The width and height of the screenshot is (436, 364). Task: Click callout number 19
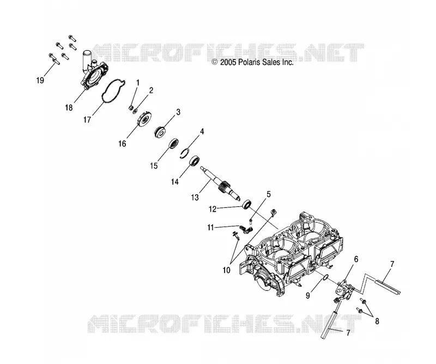40,80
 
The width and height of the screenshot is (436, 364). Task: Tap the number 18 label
69,108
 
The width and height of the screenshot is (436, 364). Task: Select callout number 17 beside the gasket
87,120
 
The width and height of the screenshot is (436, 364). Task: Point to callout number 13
195,198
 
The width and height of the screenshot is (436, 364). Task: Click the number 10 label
227,270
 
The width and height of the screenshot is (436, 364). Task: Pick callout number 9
307,295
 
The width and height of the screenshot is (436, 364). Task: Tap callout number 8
377,321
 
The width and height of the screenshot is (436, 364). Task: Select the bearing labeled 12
247,204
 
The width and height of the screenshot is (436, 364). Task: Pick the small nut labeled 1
130,108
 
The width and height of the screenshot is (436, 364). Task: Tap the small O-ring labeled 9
325,277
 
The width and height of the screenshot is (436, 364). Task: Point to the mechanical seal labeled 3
161,132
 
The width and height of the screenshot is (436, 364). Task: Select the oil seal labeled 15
174,144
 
